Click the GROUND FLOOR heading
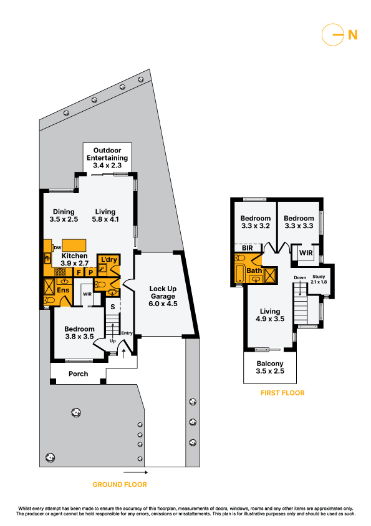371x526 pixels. (x=120, y=484)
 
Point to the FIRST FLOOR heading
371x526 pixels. (x=282, y=393)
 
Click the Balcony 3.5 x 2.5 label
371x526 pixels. (x=270, y=367)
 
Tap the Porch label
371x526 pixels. (x=78, y=374)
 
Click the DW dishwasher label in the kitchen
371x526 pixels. (x=57, y=247)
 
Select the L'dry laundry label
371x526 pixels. (x=108, y=260)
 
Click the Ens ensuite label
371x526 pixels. (x=63, y=290)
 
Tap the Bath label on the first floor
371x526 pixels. (x=254, y=270)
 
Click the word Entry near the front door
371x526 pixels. (x=127, y=333)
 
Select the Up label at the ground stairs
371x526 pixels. (x=112, y=341)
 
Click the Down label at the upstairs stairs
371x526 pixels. (x=300, y=277)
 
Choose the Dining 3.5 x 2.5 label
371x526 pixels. (x=64, y=216)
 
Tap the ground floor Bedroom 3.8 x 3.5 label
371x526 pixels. (x=79, y=333)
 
